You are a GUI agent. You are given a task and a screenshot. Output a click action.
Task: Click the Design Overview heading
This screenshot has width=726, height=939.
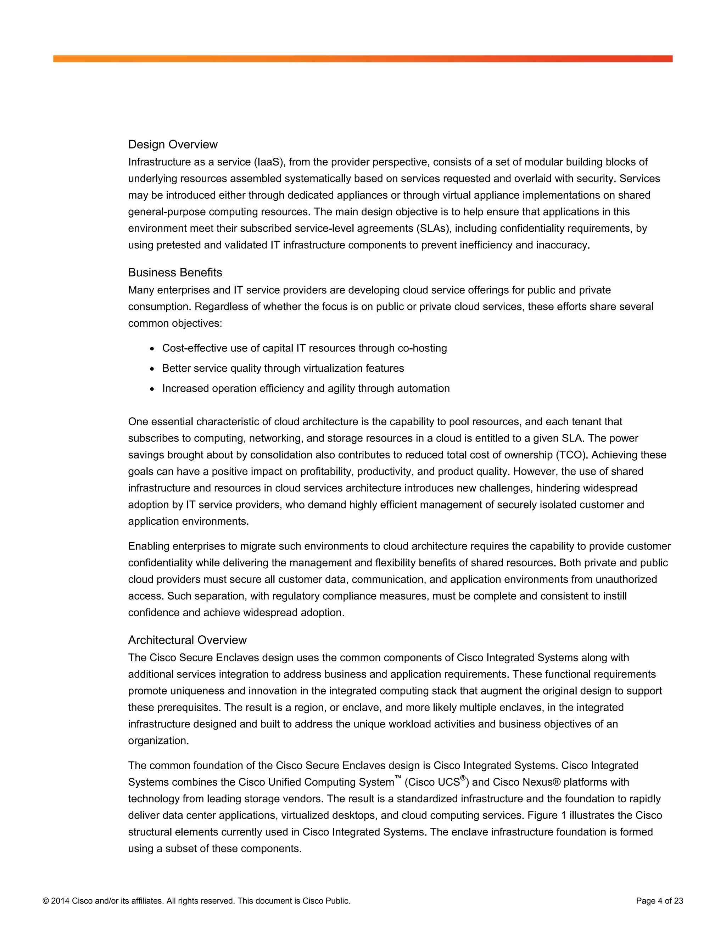[173, 145]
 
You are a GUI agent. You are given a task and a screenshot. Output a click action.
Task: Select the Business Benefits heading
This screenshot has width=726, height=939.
[175, 272]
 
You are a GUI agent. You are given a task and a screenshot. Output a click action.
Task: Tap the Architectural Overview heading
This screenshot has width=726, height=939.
[187, 640]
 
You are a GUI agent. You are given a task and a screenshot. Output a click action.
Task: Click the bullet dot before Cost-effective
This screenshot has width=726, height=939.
[152, 349]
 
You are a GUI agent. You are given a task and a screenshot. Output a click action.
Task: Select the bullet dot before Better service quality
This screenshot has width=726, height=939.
[152, 369]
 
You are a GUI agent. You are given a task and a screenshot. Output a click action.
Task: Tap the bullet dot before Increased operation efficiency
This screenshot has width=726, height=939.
[152, 389]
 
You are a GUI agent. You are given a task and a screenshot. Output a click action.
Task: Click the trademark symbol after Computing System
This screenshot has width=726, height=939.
[398, 777]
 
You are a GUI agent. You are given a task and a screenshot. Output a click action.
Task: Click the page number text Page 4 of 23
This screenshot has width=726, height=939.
[659, 901]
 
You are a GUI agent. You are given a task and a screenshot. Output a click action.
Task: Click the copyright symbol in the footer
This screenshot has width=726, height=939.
[46, 901]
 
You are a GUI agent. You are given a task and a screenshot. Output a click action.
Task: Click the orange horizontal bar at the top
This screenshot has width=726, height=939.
[363, 59]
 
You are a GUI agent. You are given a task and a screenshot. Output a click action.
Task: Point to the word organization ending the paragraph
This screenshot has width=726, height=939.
[158, 741]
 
